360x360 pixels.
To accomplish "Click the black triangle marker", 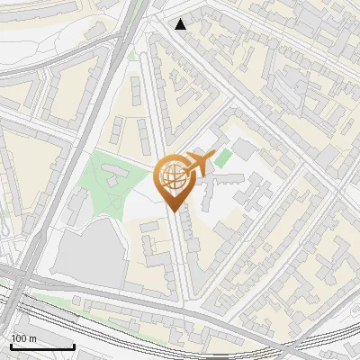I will pyautogui.click(x=181, y=24).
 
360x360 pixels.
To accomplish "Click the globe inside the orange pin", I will pyautogui.click(x=174, y=177).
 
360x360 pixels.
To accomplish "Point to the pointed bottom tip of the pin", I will pyautogui.click(x=175, y=210).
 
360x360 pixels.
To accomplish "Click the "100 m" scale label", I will pyautogui.click(x=23, y=338).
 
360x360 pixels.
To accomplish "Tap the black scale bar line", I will pyautogui.click(x=42, y=346).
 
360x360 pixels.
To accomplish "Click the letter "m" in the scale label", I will pyautogui.click(x=32, y=338).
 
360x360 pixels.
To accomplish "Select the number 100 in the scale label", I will pyautogui.click(x=19, y=338).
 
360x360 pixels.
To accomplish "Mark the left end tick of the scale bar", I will pyautogui.click(x=12, y=346).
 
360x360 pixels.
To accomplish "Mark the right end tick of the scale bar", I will pyautogui.click(x=74, y=346).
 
